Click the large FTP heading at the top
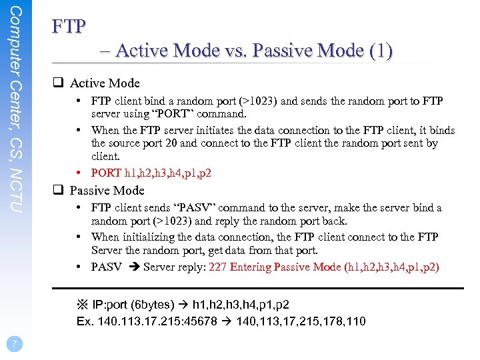[x=69, y=27]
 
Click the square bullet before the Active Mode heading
[x=58, y=83]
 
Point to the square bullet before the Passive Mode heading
[x=58, y=190]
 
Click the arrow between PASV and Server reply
[x=133, y=267]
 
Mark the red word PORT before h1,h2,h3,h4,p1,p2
[x=106, y=173]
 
